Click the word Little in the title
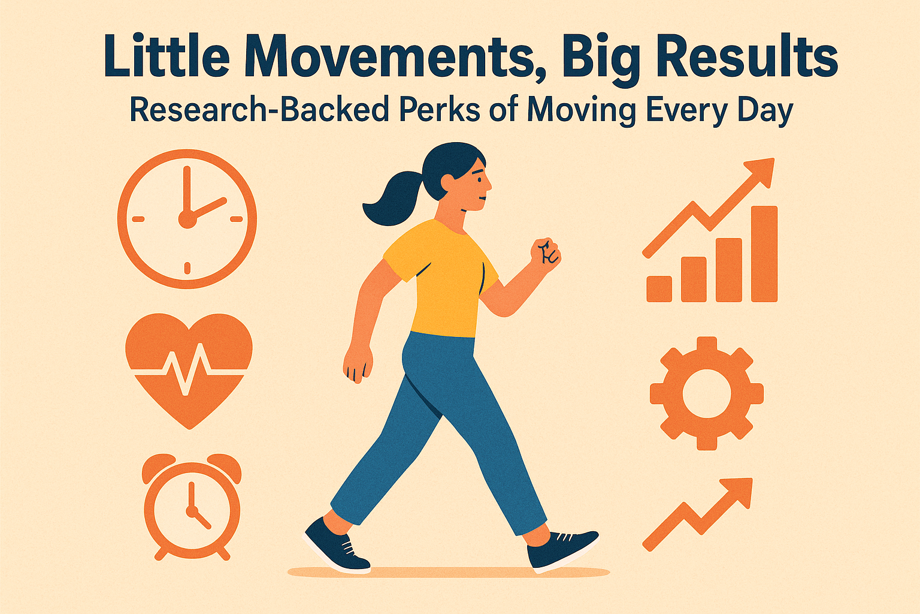coord(167,56)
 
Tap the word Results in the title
coord(747,56)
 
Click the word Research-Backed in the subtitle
coord(259,110)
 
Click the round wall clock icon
coord(187,219)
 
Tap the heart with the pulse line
coord(189,370)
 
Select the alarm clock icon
coord(192,507)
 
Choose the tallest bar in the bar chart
coord(764,254)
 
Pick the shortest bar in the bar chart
coord(659,289)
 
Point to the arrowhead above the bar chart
coord(759,173)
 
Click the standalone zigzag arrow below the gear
coord(698,514)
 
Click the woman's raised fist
coord(546,255)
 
